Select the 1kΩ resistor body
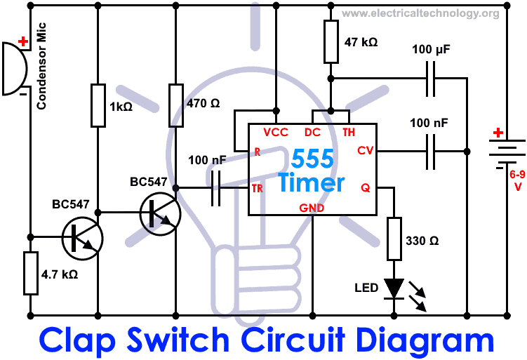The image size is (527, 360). click(98, 106)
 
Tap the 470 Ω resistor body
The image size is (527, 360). click(176, 106)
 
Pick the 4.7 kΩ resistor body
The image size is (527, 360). click(30, 273)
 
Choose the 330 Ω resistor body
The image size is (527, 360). click(394, 239)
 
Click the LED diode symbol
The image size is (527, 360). click(394, 288)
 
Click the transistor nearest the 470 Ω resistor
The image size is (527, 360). click(160, 211)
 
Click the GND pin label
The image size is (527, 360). click(312, 208)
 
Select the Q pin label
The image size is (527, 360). click(365, 187)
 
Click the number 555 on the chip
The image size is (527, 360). click(312, 159)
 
